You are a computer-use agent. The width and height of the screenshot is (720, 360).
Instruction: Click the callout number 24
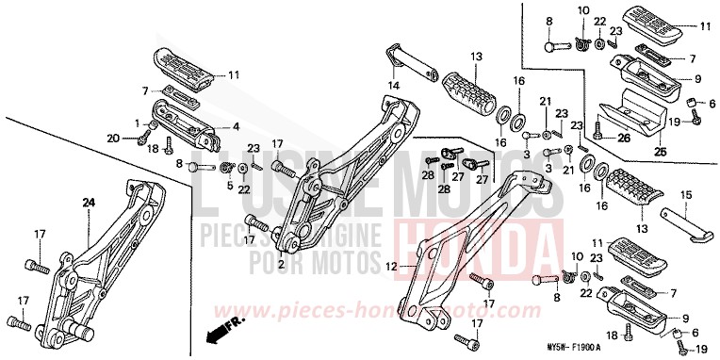[88, 203]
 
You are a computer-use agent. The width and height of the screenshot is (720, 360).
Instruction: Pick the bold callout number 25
[660, 151]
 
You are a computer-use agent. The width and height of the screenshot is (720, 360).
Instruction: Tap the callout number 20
[113, 138]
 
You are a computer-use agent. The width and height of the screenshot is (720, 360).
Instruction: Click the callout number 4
[237, 125]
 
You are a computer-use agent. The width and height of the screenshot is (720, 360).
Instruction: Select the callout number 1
[137, 123]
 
